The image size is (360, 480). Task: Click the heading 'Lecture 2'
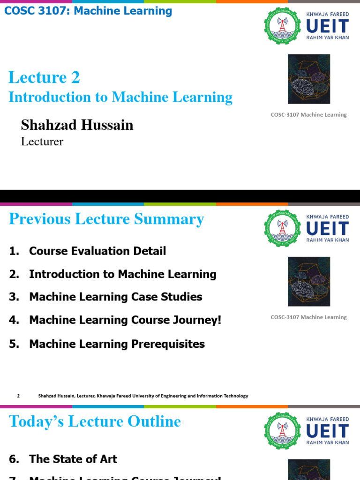click(44, 77)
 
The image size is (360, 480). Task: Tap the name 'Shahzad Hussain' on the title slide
click(77, 125)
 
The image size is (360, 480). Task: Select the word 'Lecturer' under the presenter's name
click(42, 141)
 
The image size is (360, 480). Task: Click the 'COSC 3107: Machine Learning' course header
click(88, 11)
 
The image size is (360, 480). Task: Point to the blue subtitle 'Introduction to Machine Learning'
click(120, 97)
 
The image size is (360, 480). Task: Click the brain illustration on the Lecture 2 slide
click(308, 79)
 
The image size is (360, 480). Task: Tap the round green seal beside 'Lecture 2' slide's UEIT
click(282, 26)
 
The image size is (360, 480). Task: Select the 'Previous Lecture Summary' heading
click(106, 219)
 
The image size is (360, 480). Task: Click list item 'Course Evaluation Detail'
click(97, 251)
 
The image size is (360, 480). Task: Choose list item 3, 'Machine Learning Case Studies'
click(115, 297)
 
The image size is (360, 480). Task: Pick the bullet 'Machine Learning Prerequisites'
click(117, 344)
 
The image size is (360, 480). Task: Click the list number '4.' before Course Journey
click(14, 320)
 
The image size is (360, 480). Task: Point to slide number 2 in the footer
click(18, 396)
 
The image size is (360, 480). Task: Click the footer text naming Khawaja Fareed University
click(143, 396)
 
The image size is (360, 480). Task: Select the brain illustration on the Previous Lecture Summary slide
click(308, 282)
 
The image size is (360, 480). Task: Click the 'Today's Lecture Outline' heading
click(95, 421)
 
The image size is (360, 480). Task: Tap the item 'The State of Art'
click(73, 459)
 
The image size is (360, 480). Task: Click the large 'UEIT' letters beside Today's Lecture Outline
click(327, 431)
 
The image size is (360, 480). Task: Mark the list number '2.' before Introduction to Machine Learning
click(14, 274)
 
